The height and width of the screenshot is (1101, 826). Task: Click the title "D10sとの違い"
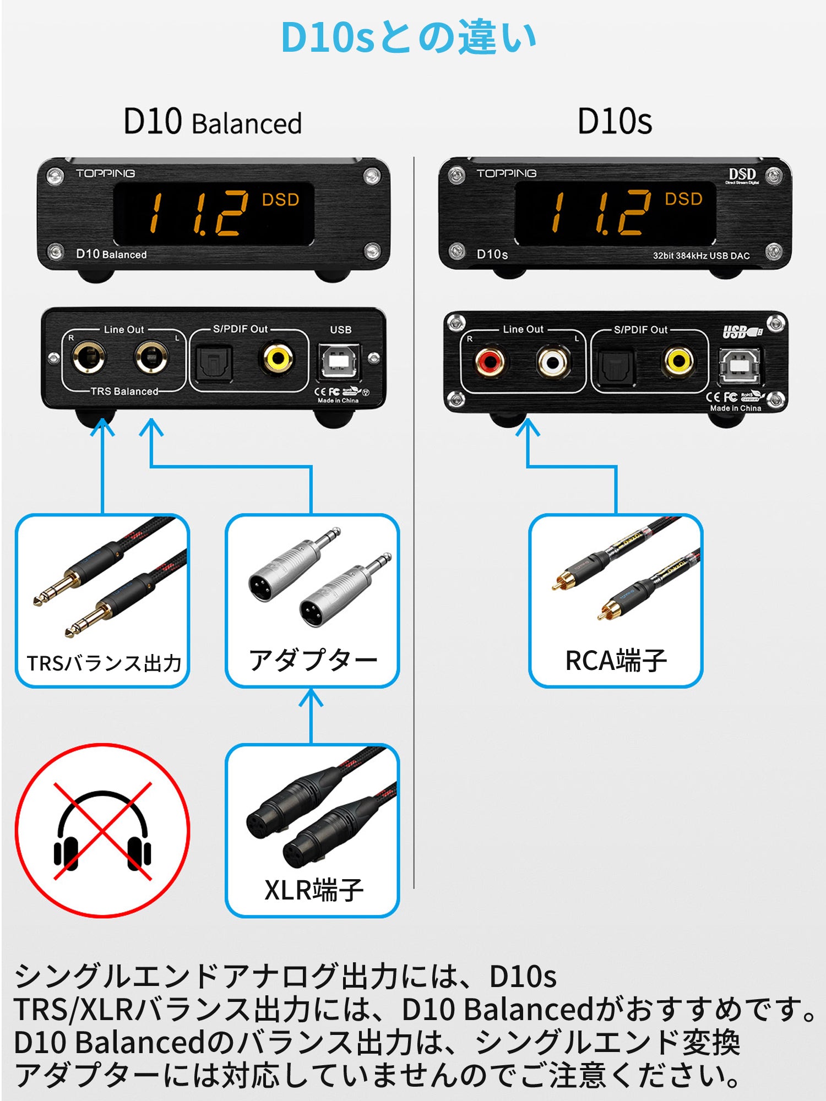click(x=409, y=37)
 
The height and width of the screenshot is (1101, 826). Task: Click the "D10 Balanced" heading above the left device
click(x=213, y=122)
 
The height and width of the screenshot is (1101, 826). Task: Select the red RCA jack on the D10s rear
click(x=490, y=362)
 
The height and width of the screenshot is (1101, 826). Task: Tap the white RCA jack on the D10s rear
click(x=552, y=362)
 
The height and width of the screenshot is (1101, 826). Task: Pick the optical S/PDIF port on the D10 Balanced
click(x=214, y=362)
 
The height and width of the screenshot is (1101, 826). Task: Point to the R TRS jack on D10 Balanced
click(x=88, y=358)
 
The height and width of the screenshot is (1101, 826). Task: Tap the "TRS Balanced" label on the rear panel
click(x=124, y=391)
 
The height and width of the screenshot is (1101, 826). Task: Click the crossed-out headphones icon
click(x=102, y=831)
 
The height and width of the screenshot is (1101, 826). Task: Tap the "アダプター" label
click(x=313, y=660)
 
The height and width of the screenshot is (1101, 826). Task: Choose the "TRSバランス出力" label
click(x=104, y=663)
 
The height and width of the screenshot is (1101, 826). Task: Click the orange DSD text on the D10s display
click(x=683, y=199)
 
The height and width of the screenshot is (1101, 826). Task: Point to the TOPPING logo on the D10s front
click(x=507, y=173)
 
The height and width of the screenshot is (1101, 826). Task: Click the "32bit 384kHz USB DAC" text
click(x=701, y=255)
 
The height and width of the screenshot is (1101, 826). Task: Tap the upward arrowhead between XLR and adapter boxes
click(x=311, y=698)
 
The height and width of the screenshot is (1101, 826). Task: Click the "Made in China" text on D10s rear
click(x=735, y=408)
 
